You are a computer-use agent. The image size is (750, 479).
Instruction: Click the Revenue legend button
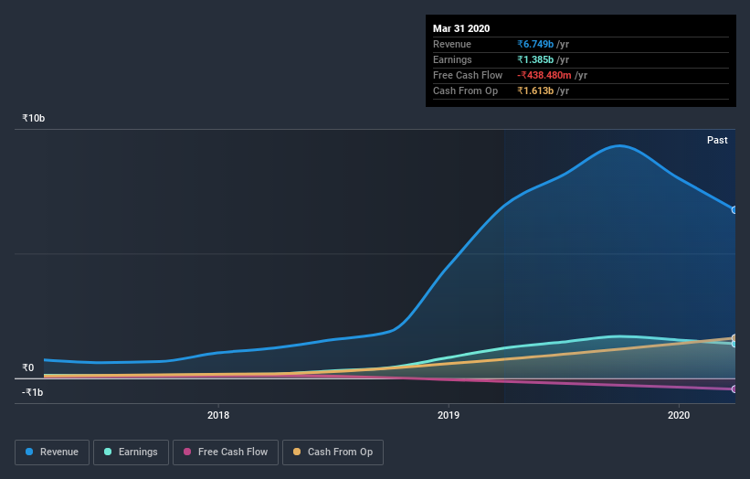pyautogui.click(x=52, y=452)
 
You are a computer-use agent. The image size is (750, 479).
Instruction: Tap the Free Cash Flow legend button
pyautogui.click(x=226, y=452)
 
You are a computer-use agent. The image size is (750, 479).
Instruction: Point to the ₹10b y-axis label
pyautogui.click(x=34, y=119)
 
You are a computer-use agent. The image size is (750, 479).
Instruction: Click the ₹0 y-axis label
pyautogui.click(x=27, y=367)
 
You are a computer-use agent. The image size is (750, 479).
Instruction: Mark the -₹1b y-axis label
pyautogui.click(x=32, y=392)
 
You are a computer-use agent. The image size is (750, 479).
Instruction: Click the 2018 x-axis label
pyautogui.click(x=218, y=415)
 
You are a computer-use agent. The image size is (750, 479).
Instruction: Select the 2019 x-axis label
pyautogui.click(x=449, y=415)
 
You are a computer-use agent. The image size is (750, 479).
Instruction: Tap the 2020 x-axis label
pyautogui.click(x=679, y=415)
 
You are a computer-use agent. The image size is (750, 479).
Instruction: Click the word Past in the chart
pyautogui.click(x=717, y=140)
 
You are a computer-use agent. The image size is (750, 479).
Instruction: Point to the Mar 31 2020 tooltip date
pyautogui.click(x=462, y=27)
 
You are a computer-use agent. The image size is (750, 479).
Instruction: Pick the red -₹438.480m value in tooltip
pyautogui.click(x=544, y=75)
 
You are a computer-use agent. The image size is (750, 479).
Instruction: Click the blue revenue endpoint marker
pyautogui.click(x=734, y=210)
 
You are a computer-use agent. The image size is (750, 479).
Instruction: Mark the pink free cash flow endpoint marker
pyautogui.click(x=734, y=389)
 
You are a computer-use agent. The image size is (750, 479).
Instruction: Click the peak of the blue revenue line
pyautogui.click(x=620, y=145)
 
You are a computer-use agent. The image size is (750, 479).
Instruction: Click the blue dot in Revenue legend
pyautogui.click(x=30, y=452)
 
